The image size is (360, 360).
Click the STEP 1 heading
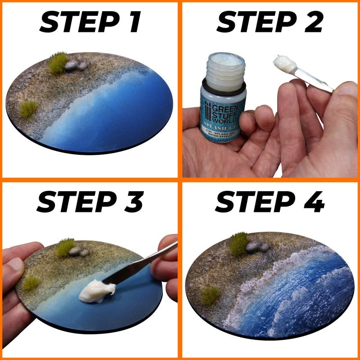point(90,22)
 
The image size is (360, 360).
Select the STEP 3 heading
point(90,202)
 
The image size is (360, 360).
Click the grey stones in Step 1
point(75,65)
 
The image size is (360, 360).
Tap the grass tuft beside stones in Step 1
point(58,62)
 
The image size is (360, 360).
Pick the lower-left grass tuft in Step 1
point(28,109)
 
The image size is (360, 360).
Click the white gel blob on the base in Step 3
point(94,291)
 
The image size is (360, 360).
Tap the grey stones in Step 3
point(78,251)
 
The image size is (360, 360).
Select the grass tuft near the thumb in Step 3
point(31,283)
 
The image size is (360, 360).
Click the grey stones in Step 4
point(257,247)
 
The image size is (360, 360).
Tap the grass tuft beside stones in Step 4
point(239,243)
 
